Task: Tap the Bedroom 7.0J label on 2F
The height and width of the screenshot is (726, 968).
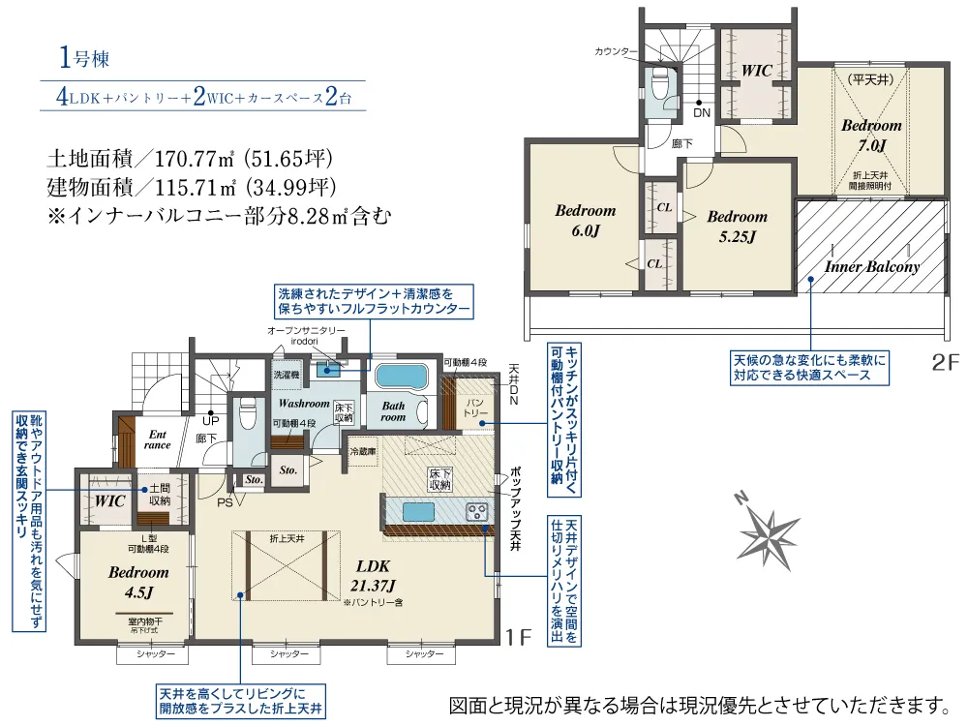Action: coord(871,135)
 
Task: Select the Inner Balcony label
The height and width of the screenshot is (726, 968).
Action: coord(872,266)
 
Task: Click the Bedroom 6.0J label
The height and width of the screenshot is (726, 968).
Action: coord(585,220)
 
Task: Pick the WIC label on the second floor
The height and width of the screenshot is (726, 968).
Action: coord(756,71)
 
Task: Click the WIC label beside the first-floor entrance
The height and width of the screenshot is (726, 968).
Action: coord(108,500)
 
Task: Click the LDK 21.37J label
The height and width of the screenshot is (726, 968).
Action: coord(373,575)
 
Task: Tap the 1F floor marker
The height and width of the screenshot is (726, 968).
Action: coord(519,637)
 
